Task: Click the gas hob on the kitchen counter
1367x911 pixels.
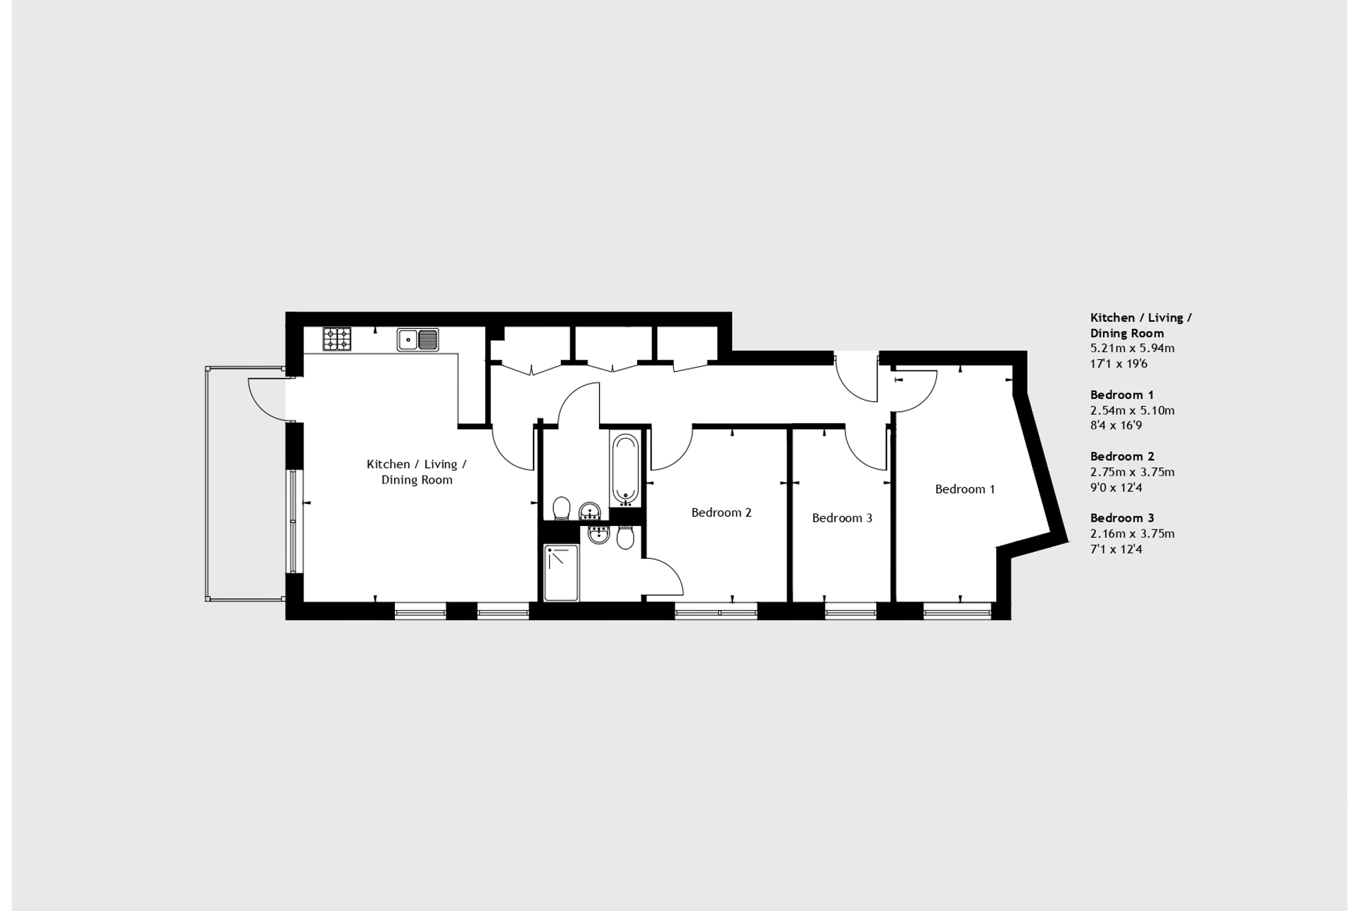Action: pos(336,339)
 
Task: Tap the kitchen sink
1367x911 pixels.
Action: pos(417,339)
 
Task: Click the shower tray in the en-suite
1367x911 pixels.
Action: pos(561,572)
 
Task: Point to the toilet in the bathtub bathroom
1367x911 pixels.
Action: pos(561,508)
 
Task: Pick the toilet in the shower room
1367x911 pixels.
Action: pos(624,537)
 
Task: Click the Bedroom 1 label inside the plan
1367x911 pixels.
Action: pos(964,489)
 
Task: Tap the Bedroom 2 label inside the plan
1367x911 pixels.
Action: pos(721,513)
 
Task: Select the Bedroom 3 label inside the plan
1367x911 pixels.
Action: pos(842,518)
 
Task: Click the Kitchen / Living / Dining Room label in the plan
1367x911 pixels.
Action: pos(417,472)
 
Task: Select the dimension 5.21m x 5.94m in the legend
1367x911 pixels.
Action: pos(1132,348)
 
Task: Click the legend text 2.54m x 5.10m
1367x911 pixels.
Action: pos(1132,410)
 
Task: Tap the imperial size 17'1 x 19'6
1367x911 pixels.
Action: pos(1119,364)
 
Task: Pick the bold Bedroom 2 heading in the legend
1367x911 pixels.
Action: pos(1122,456)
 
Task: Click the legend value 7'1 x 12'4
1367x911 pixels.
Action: pos(1116,549)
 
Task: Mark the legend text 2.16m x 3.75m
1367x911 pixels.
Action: pos(1132,534)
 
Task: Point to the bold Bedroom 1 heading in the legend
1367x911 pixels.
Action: pos(1122,395)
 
